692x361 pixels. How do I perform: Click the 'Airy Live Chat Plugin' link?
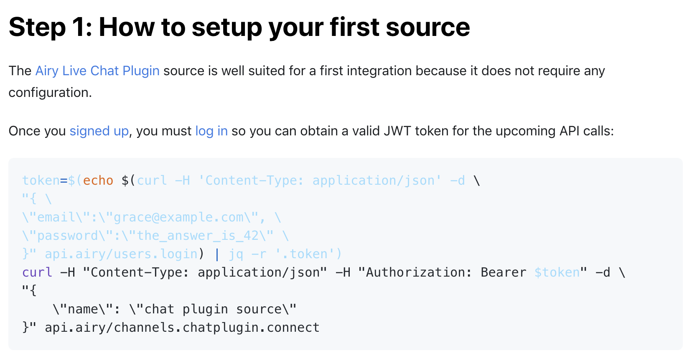(x=97, y=71)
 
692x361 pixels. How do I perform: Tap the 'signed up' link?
(x=99, y=131)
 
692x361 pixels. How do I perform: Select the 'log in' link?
(x=211, y=131)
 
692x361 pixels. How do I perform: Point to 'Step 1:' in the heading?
(x=50, y=28)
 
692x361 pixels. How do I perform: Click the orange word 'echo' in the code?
(x=98, y=180)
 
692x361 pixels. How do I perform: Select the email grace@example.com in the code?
(x=178, y=217)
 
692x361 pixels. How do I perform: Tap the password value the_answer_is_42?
(x=198, y=236)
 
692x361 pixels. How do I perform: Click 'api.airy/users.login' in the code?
(x=121, y=254)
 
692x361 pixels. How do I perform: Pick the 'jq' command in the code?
(x=236, y=254)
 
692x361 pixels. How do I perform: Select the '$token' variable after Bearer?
(x=557, y=272)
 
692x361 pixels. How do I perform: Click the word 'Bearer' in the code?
(x=503, y=272)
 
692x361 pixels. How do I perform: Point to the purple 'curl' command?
(x=37, y=272)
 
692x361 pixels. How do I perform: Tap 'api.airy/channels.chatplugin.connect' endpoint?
(x=182, y=328)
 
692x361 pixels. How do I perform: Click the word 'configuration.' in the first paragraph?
(x=50, y=92)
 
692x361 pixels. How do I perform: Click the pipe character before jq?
(x=217, y=254)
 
